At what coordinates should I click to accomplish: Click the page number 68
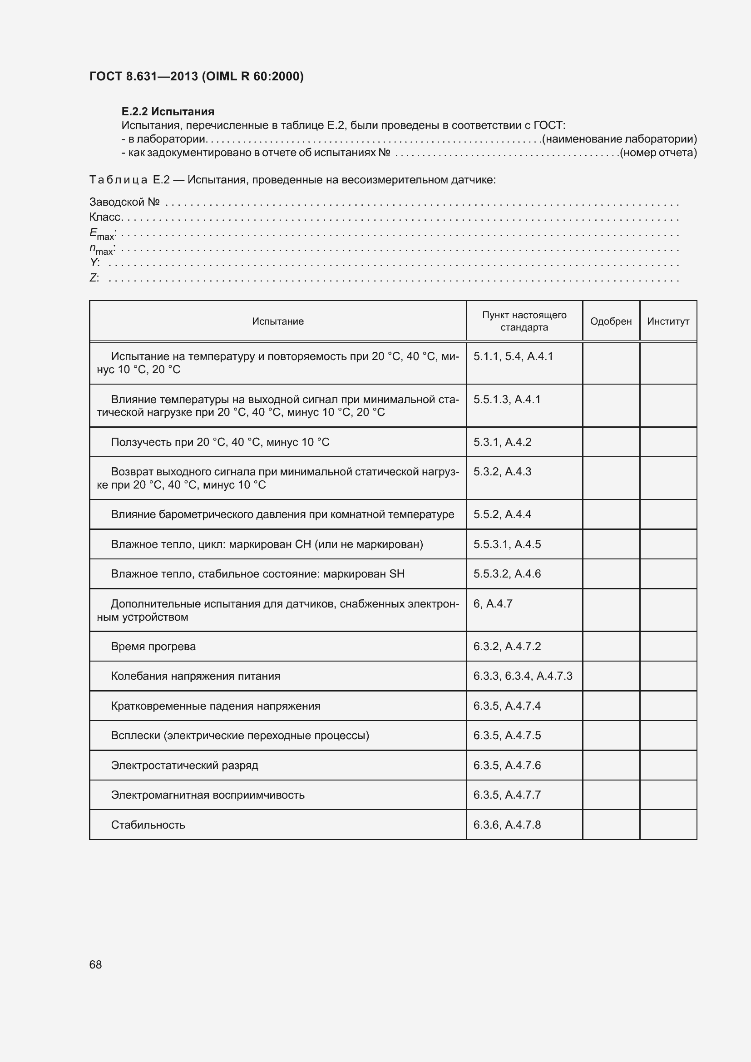click(x=95, y=964)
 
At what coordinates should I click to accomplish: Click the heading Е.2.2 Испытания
click(x=168, y=112)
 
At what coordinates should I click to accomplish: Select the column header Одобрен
click(x=610, y=321)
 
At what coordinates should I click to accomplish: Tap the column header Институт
click(x=668, y=321)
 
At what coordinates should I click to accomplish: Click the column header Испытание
click(x=277, y=321)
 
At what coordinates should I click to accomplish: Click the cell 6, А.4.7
click(x=493, y=603)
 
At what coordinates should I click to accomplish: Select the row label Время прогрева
click(x=153, y=646)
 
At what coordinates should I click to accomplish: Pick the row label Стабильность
click(x=148, y=825)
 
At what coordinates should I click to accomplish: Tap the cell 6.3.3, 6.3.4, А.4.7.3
click(x=523, y=676)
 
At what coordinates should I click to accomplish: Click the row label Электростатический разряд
click(x=184, y=765)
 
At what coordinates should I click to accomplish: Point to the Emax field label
click(x=102, y=234)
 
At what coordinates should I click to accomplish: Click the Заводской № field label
click(x=124, y=202)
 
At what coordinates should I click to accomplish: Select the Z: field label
click(x=94, y=278)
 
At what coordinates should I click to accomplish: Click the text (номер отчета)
click(x=658, y=153)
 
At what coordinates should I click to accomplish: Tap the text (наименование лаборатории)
click(x=619, y=139)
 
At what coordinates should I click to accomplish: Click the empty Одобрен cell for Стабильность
click(x=610, y=825)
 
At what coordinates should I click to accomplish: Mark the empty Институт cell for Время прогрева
click(x=668, y=646)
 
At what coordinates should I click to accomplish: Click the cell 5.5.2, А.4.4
click(x=502, y=514)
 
